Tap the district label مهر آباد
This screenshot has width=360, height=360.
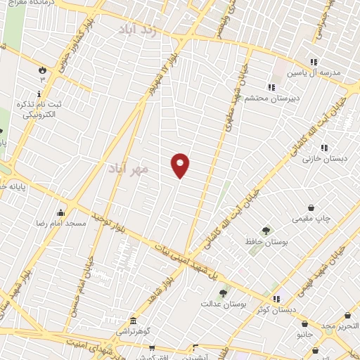coord(129,169)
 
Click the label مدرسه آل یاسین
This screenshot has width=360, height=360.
coord(320,73)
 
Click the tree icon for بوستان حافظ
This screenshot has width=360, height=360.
coord(266,231)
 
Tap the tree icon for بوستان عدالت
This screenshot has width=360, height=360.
coord(223,292)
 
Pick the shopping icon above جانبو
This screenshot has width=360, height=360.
coord(304,324)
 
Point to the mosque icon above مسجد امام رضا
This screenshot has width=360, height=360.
coord(61,213)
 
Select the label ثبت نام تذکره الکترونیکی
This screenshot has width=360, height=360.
coord(39,109)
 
